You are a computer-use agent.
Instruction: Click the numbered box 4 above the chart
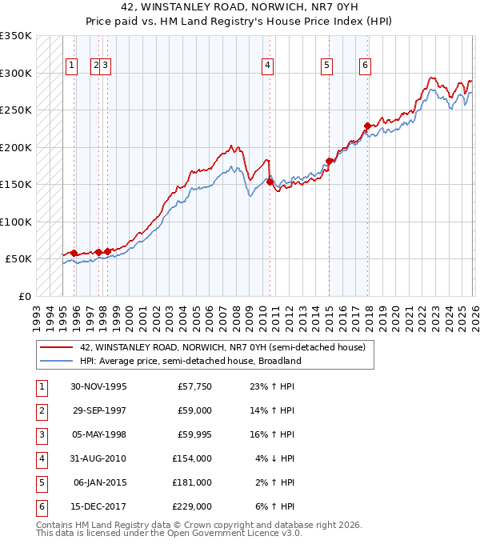coord(267,66)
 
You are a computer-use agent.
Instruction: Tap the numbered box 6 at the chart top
coord(365,66)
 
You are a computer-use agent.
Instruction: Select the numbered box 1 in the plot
coord(71,66)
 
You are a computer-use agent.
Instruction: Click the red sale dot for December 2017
coord(367,126)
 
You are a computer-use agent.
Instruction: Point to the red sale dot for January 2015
coord(329,162)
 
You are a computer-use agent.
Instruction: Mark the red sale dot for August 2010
coord(270,182)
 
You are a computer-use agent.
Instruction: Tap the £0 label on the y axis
coord(23,296)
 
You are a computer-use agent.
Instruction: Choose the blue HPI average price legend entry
coord(190,361)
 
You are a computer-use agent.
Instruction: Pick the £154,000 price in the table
coord(192,458)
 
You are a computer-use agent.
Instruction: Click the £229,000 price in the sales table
coord(192,506)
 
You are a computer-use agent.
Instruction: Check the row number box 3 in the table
coord(41,434)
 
